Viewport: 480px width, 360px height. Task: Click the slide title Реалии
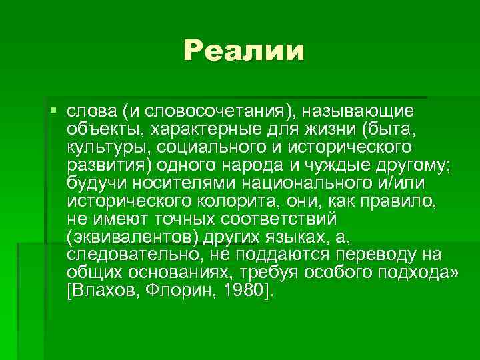(x=244, y=51)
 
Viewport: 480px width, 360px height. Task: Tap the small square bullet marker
(x=53, y=108)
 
